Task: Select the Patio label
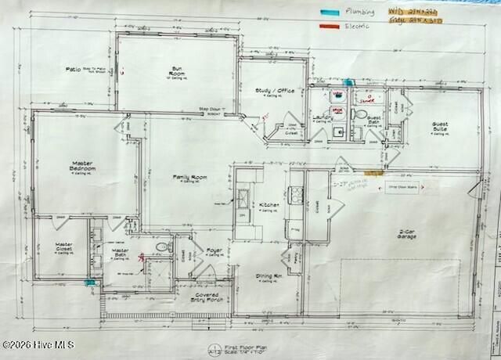point(74,70)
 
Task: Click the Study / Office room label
point(275,91)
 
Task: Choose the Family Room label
point(189,178)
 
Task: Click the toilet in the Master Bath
point(162,247)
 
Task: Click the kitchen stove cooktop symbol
point(297,193)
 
